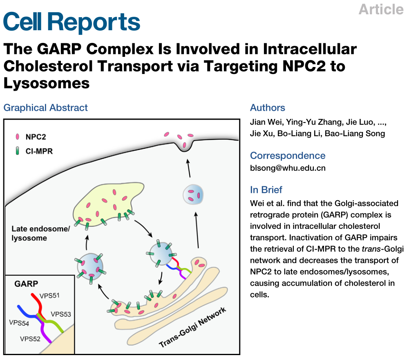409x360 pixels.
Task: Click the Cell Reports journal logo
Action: pyautogui.click(x=72, y=22)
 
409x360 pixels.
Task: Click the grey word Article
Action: pyautogui.click(x=381, y=9)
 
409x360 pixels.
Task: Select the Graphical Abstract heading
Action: pyautogui.click(x=46, y=108)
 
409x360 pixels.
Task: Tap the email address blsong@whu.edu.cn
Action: pyautogui.click(x=288, y=168)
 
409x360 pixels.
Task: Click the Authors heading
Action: pyautogui.click(x=267, y=108)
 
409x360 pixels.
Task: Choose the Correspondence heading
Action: pyautogui.click(x=288, y=155)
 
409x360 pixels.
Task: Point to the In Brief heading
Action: pyautogui.click(x=266, y=190)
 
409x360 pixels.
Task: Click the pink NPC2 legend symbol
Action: pyautogui.click(x=18, y=137)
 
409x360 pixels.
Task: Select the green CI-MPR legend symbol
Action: pyautogui.click(x=18, y=151)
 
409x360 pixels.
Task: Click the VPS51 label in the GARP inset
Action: pyautogui.click(x=49, y=295)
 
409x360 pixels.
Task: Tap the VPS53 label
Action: pyautogui.click(x=61, y=314)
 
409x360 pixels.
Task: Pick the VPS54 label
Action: pyautogui.click(x=19, y=323)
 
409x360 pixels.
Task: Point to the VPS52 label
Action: pyautogui.click(x=30, y=339)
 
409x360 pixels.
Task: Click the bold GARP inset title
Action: pyautogui.click(x=26, y=284)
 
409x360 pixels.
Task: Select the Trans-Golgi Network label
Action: pyautogui.click(x=192, y=327)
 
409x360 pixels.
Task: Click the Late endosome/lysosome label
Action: pyautogui.click(x=41, y=233)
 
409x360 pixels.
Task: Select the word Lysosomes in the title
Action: pyautogui.click(x=47, y=83)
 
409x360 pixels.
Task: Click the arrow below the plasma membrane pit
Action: pyautogui.click(x=188, y=168)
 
